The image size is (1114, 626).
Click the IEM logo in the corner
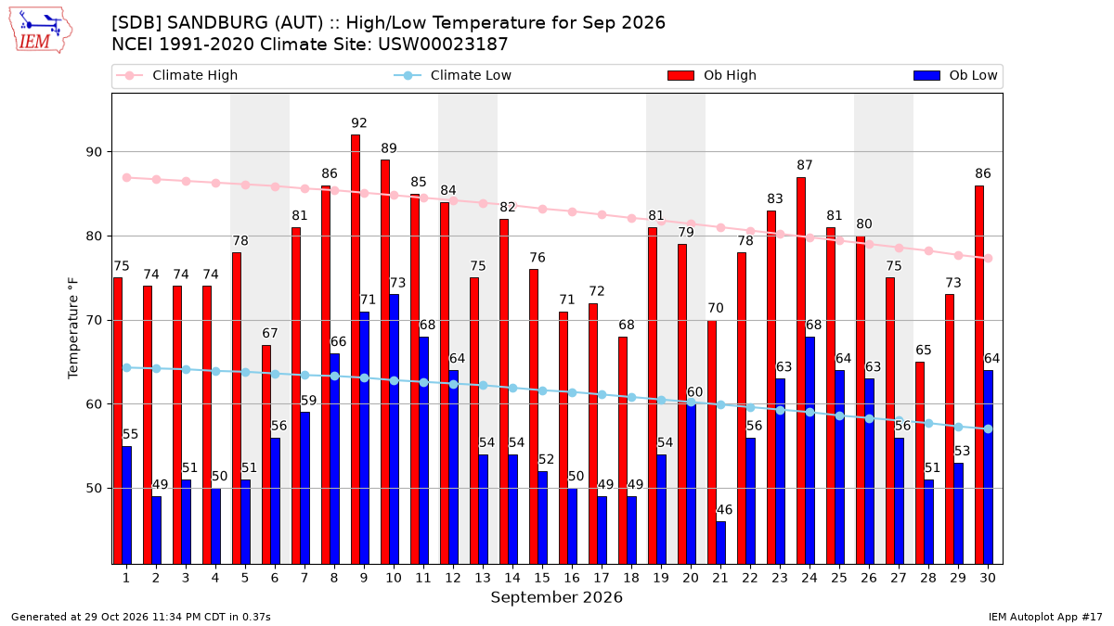pyautogui.click(x=41, y=31)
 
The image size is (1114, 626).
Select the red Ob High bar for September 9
pyautogui.click(x=356, y=350)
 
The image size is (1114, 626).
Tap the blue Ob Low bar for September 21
pyautogui.click(x=721, y=543)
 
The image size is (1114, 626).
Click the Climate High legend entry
pyautogui.click(x=177, y=75)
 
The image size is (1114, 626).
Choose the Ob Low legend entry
pyautogui.click(x=955, y=75)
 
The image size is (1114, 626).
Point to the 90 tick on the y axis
pyautogui.click(x=94, y=152)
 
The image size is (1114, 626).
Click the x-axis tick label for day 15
pyautogui.click(x=542, y=578)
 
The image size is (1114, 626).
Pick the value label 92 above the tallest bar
pyautogui.click(x=359, y=122)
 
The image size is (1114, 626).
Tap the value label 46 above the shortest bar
pyautogui.click(x=724, y=510)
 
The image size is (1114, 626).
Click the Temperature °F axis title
pyautogui.click(x=72, y=328)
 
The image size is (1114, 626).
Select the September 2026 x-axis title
pyautogui.click(x=556, y=597)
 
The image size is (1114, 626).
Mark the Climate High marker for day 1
pyautogui.click(x=127, y=178)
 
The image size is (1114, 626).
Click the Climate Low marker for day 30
pyautogui.click(x=988, y=428)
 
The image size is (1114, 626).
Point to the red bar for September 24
pyautogui.click(x=801, y=371)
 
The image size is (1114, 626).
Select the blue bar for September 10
pyautogui.click(x=394, y=429)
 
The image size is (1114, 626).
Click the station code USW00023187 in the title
pyautogui.click(x=443, y=45)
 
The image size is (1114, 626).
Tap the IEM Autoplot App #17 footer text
pyautogui.click(x=1045, y=617)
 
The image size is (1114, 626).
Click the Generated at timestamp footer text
pyautogui.click(x=141, y=617)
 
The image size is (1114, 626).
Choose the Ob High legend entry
pyautogui.click(x=712, y=75)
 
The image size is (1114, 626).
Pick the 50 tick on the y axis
pyautogui.click(x=94, y=489)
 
